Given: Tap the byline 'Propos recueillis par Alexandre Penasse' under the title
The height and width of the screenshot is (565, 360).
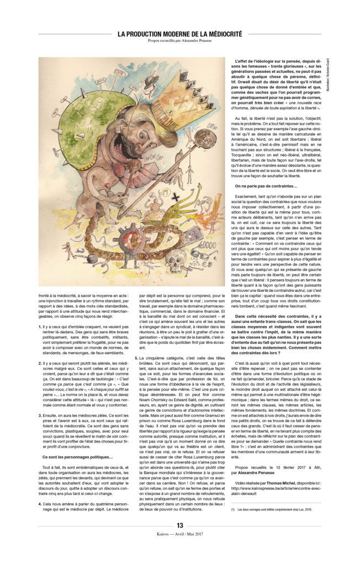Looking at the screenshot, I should tap(180, 41).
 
